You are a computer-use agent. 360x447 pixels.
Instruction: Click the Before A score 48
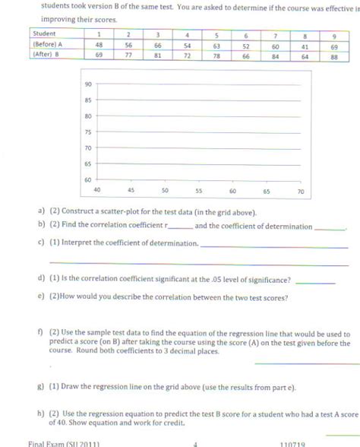[99, 45]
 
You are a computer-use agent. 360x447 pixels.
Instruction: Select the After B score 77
[128, 55]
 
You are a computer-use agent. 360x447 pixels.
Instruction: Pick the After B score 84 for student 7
[276, 55]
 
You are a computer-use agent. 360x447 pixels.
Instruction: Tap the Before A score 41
[305, 45]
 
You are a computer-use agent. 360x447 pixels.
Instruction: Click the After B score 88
[335, 55]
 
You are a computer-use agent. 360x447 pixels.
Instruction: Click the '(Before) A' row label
[47, 45]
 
